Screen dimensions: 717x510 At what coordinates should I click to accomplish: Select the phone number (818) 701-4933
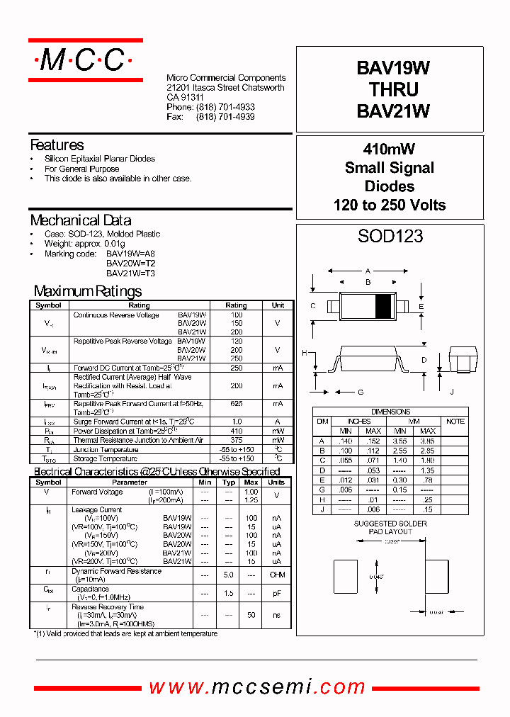225,107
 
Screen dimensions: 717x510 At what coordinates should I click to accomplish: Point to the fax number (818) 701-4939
225,117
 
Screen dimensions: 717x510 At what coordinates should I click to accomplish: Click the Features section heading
57,145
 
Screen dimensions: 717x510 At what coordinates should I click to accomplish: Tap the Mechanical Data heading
80,220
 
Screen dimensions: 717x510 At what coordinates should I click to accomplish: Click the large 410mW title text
389,149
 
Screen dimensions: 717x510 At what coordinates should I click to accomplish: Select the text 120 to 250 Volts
389,205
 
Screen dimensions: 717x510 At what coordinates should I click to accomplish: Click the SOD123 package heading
390,236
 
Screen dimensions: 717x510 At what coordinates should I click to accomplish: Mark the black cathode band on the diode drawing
382,306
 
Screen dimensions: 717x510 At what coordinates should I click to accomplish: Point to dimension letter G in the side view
360,392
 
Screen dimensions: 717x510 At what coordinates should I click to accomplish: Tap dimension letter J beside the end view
450,392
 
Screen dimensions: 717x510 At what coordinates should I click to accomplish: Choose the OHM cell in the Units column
277,575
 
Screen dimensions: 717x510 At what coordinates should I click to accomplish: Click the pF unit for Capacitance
277,593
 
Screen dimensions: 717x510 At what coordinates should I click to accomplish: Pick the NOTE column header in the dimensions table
455,421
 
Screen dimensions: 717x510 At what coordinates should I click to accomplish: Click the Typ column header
228,482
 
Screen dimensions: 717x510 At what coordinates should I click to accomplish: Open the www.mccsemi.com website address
257,687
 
